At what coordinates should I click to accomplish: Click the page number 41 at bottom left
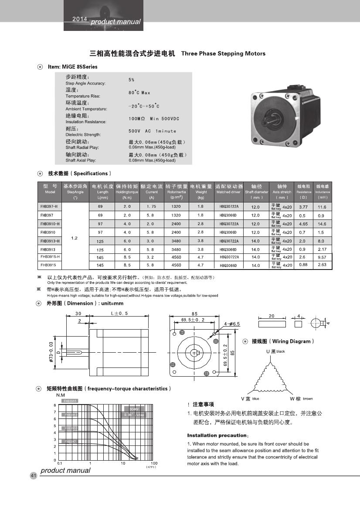(33, 475)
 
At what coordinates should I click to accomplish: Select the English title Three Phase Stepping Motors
(223, 54)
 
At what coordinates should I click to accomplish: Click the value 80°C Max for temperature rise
(139, 93)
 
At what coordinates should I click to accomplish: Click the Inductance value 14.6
(322, 224)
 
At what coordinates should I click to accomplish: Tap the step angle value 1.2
(75, 238)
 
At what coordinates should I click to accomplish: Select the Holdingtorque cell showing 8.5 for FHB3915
(127, 265)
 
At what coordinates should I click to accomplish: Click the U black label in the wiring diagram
(275, 351)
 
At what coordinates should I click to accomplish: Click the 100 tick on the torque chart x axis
(154, 463)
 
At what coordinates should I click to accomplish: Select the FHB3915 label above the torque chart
(70, 401)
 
